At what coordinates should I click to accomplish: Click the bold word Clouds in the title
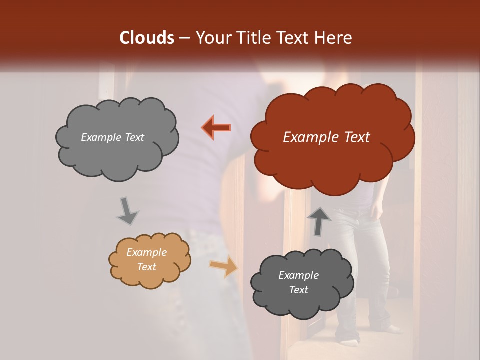tap(147, 38)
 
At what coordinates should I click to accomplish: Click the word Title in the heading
tap(253, 38)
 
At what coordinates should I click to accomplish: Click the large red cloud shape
tap(332, 160)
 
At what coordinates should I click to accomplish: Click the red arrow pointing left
tap(216, 127)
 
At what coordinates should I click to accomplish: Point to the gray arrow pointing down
tap(127, 211)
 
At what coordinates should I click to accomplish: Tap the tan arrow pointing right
tap(223, 266)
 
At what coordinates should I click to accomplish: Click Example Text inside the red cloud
tap(326, 137)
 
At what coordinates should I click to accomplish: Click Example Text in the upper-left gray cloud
tap(112, 137)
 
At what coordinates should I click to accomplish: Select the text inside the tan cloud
tap(146, 259)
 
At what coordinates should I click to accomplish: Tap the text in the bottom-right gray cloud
tap(298, 282)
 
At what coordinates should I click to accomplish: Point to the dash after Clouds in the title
tap(184, 38)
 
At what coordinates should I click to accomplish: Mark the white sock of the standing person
tap(395, 329)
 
